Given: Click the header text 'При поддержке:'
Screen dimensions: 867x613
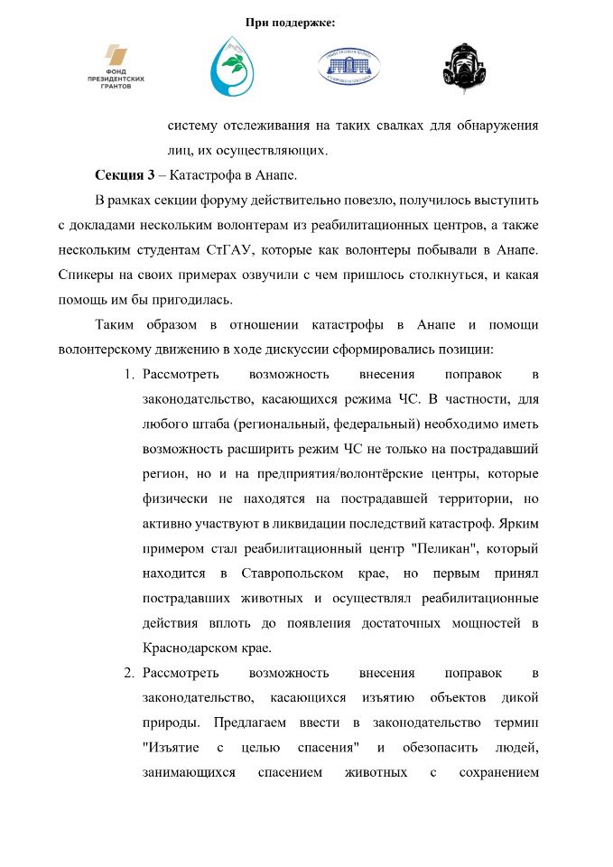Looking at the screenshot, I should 290,22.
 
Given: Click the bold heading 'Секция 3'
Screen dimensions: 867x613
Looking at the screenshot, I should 125,173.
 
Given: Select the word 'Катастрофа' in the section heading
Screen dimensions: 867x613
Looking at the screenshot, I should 204,173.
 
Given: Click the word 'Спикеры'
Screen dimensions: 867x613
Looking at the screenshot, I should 86,273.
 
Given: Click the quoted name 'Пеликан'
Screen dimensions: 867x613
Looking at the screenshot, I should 377,548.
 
